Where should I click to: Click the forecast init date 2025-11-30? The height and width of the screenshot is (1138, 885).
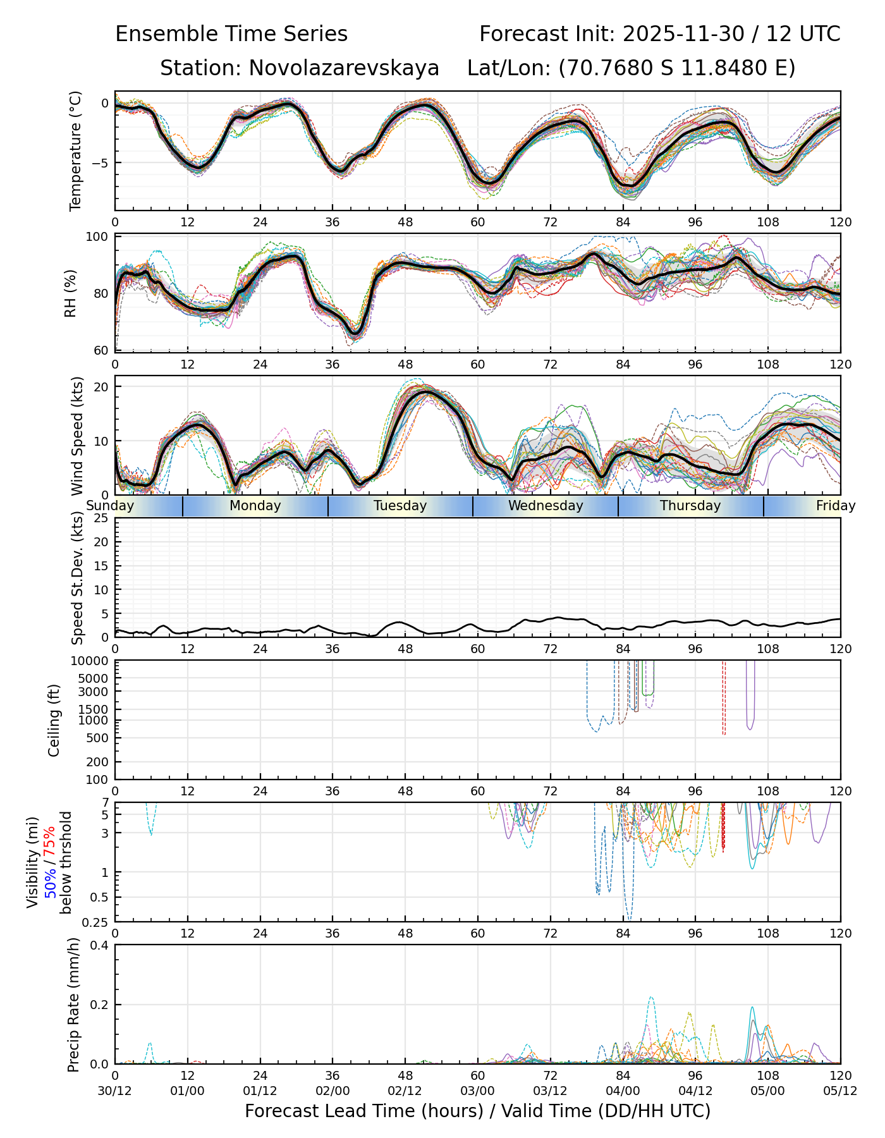point(683,34)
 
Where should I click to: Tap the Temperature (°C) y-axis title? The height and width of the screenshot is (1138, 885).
point(76,150)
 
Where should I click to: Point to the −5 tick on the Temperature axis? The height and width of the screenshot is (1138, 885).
point(101,162)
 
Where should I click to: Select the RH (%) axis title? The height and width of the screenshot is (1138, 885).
point(70,293)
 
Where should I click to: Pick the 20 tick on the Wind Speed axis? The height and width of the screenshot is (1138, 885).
point(101,386)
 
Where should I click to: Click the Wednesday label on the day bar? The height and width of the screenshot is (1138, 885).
point(546,506)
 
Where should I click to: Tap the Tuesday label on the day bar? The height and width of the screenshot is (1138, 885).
point(400,506)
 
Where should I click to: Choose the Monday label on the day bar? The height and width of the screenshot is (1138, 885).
point(255,506)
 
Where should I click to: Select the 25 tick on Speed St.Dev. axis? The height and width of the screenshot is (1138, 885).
point(101,518)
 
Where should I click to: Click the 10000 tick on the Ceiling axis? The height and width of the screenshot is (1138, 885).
point(90,661)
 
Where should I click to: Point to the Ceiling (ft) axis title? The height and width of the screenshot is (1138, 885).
point(54,720)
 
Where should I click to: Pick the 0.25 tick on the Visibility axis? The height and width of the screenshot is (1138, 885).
point(96,922)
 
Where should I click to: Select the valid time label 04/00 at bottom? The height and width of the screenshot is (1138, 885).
point(623,1091)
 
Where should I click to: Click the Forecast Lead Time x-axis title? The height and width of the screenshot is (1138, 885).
point(477,1111)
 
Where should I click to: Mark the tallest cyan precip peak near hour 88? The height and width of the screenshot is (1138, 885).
point(651,998)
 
